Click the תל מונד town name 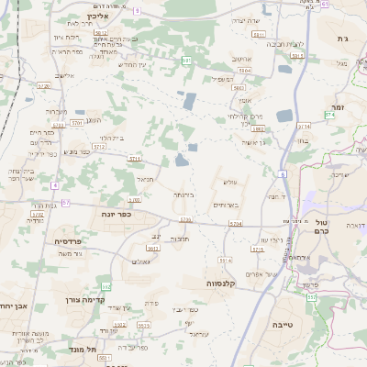click(x=82, y=349)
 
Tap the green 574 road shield click(x=330, y=115)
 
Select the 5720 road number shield click(x=43, y=85)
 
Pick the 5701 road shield click(x=78, y=121)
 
